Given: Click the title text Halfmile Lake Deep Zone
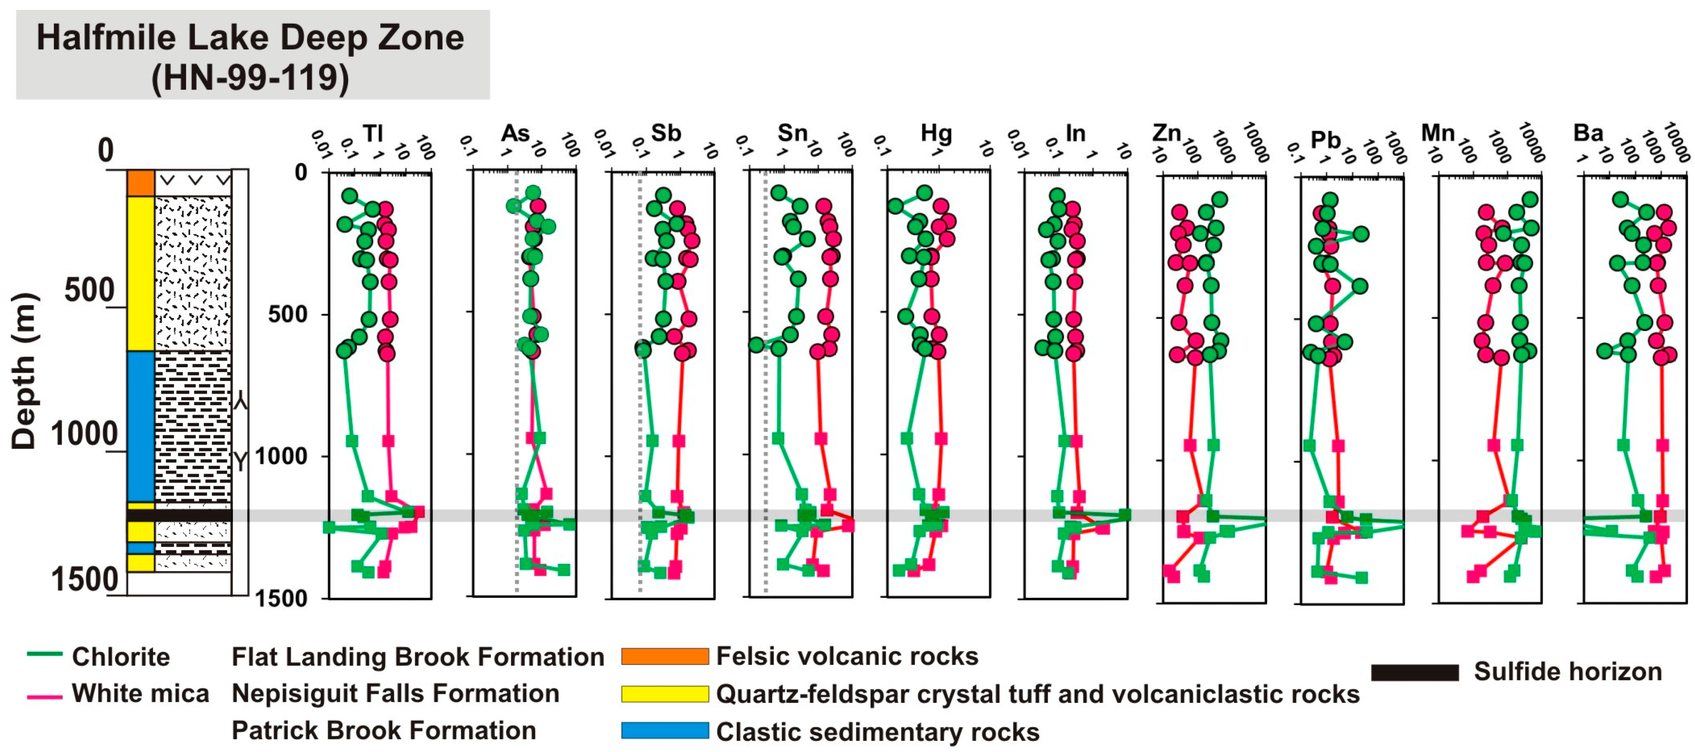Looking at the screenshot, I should pos(250,38).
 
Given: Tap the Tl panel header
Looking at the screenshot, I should pos(373,134).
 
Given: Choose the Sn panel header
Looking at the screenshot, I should pos(792,134).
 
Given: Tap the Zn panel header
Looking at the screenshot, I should pos(1166,134).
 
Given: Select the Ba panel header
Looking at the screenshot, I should pos(1588,134).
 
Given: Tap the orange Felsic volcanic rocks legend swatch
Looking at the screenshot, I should pos(664,656).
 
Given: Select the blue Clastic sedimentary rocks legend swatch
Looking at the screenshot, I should pos(664,731).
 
